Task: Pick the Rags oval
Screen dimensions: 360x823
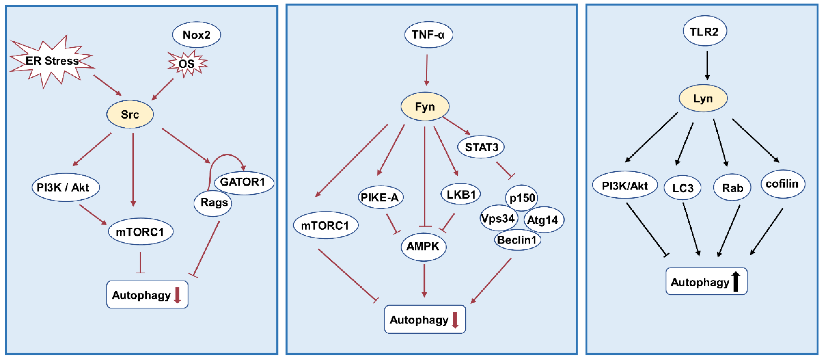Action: pyautogui.click(x=213, y=203)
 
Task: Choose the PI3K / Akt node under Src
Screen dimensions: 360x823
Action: pyautogui.click(x=66, y=187)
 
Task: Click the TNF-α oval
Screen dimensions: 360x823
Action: pyautogui.click(x=428, y=34)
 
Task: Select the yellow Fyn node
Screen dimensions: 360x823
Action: pyautogui.click(x=425, y=107)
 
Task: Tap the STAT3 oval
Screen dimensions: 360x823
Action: pyautogui.click(x=481, y=147)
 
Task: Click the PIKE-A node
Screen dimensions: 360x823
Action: pyautogui.click(x=380, y=197)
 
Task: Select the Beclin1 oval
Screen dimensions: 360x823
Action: pyautogui.click(x=517, y=240)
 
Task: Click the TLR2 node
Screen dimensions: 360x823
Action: pyautogui.click(x=704, y=32)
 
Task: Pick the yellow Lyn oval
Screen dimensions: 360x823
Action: pyautogui.click(x=703, y=98)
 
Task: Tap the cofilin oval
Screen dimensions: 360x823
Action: pyautogui.click(x=782, y=184)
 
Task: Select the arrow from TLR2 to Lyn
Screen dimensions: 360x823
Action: pyautogui.click(x=707, y=66)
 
